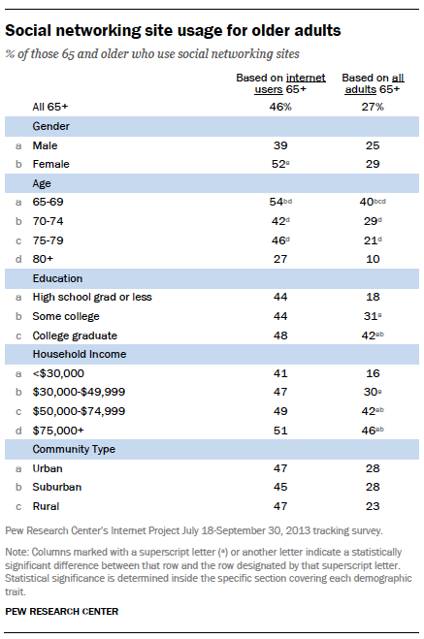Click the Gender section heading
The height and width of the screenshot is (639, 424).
51,127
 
